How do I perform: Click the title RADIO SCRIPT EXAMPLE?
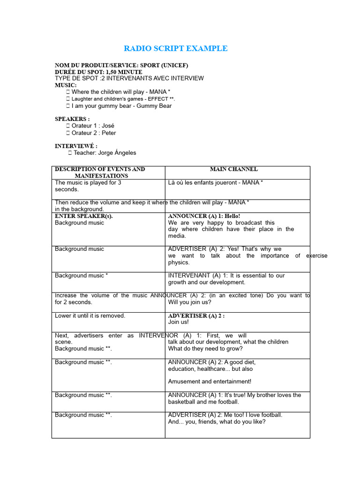[x=176, y=49]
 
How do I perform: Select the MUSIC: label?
[x=66, y=85]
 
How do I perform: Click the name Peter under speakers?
[x=109, y=133]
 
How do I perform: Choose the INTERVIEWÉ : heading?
[x=76, y=146]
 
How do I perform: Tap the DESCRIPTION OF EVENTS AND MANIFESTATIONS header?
[x=100, y=172]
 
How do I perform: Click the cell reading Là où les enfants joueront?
[x=215, y=183]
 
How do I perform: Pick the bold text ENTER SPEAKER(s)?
[x=84, y=216]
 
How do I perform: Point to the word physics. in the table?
[x=179, y=262]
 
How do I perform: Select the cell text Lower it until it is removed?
[x=90, y=316]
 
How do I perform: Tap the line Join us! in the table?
[x=179, y=322]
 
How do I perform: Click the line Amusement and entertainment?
[x=210, y=382]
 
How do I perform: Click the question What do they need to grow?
[x=205, y=349]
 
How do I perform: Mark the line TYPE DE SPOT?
[x=129, y=78]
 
